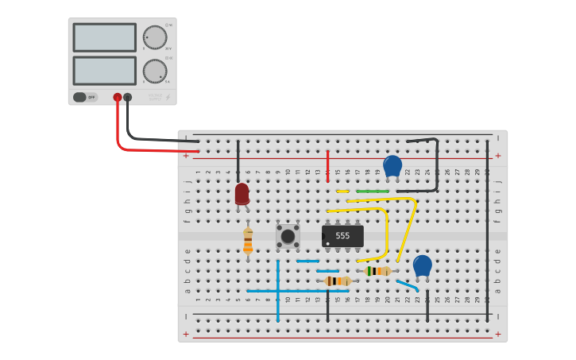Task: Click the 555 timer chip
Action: [x=342, y=236]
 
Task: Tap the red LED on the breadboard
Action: [x=242, y=193]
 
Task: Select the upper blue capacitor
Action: [x=392, y=166]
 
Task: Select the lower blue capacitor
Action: [x=423, y=266]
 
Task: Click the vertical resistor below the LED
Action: [x=248, y=240]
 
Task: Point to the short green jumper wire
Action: [x=373, y=191]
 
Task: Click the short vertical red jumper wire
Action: [x=327, y=166]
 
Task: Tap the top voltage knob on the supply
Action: [x=154, y=37]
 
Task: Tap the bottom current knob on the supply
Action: [x=154, y=72]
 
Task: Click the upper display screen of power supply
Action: [x=104, y=37]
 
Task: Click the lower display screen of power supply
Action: [x=104, y=71]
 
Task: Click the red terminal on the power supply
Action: [x=118, y=97]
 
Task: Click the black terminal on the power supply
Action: [x=128, y=97]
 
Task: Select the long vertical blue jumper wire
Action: [x=278, y=290]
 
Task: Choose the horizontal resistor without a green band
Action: [x=338, y=281]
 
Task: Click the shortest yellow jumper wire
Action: [x=342, y=191]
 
